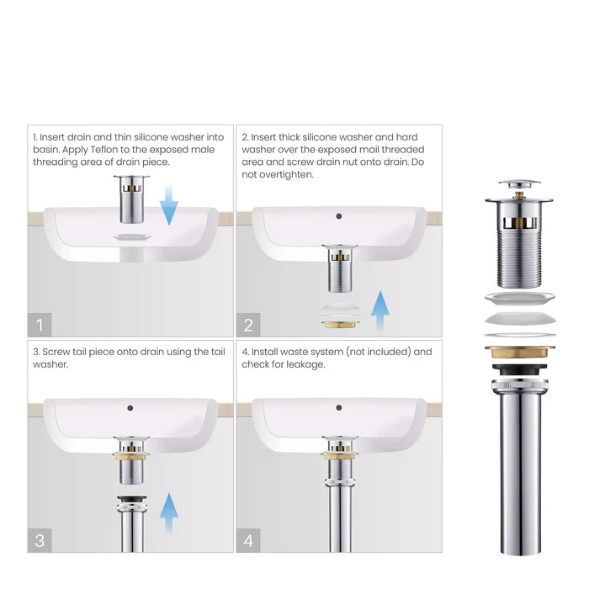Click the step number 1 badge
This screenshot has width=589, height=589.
pyautogui.click(x=40, y=324)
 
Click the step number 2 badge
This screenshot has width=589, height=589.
pyautogui.click(x=248, y=324)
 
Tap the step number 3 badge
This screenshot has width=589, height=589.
pyautogui.click(x=40, y=539)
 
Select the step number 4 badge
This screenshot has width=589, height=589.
pyautogui.click(x=248, y=539)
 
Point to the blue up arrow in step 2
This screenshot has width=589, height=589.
pyautogui.click(x=380, y=312)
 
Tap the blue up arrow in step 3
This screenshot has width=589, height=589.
pyautogui.click(x=169, y=513)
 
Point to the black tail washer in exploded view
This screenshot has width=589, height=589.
pyautogui.click(x=518, y=370)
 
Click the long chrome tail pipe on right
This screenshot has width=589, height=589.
pyautogui.click(x=518, y=471)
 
